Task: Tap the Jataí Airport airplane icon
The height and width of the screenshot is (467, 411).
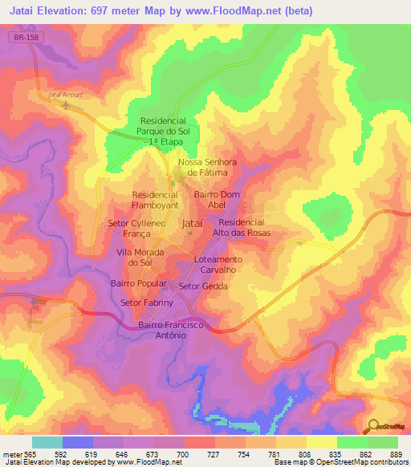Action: coord(66,104)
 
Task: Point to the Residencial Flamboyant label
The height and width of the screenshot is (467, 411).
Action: coord(155,199)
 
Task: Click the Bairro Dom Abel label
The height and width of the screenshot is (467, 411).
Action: coord(217,199)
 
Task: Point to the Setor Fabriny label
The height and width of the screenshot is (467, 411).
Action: coord(146,303)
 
